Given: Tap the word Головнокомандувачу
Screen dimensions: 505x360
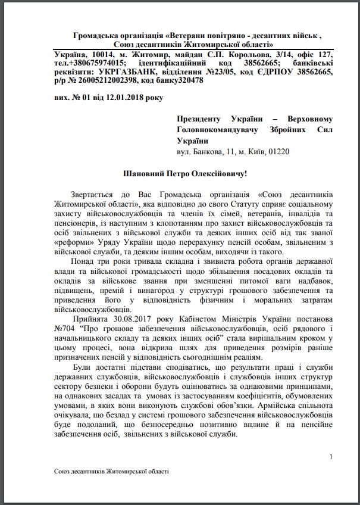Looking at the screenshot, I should pyautogui.click(x=214, y=130).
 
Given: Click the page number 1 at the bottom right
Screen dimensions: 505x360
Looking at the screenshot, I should pyautogui.click(x=330, y=457).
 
